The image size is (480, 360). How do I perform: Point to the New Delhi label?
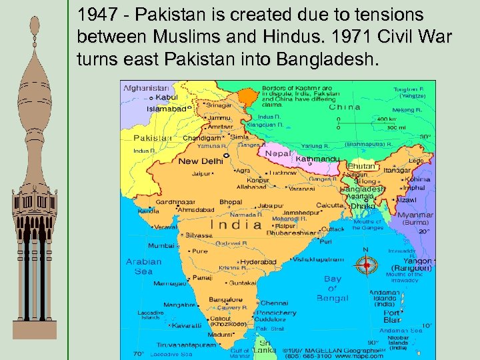pos(201,161)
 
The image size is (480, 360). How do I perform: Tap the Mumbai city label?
pos(161,245)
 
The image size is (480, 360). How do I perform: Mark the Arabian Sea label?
pos(143,267)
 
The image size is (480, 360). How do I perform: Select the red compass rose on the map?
pos(365,265)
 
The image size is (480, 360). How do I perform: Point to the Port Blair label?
pos(392,316)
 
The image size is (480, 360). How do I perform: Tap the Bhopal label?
pos(231,202)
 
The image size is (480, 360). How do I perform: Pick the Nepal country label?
pos(279,153)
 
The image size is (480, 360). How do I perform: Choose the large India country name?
pos(240,225)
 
